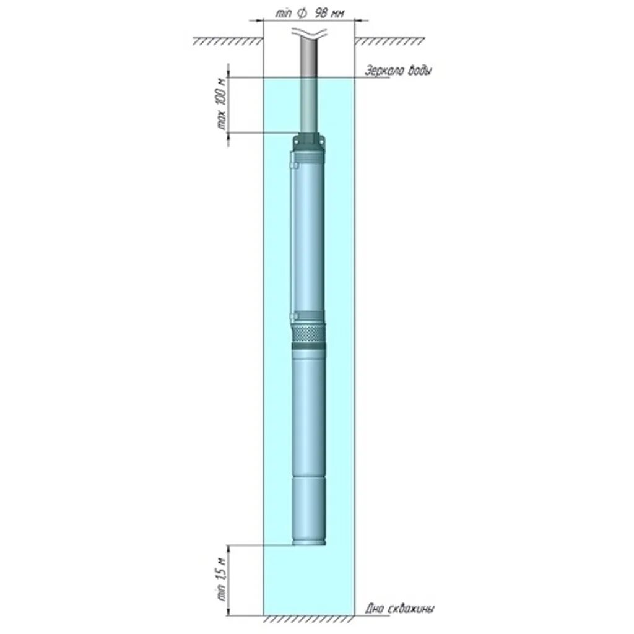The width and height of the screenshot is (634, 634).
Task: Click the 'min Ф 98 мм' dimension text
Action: (309, 12)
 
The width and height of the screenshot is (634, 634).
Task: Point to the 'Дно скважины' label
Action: (400, 609)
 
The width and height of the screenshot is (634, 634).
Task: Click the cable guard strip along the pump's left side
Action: (290, 241)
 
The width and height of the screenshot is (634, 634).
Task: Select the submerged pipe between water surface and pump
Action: (310, 105)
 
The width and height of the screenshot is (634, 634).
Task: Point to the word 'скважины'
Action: (411, 609)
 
